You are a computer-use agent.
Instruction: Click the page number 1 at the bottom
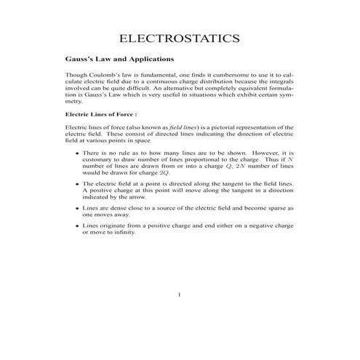coord(180,295)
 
